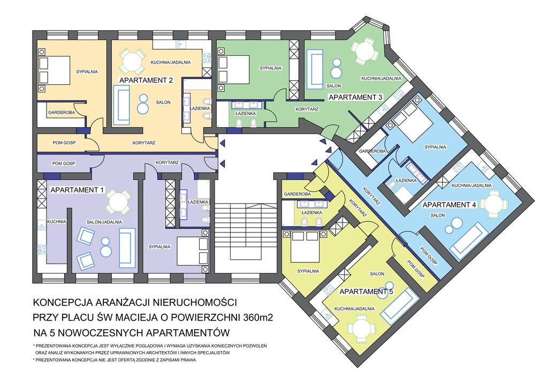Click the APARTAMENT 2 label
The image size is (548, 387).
(146, 80)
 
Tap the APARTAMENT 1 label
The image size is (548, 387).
(77, 190)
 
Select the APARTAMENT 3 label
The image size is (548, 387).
(355, 97)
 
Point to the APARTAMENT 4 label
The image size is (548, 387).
(450, 205)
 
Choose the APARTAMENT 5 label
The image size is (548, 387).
(367, 292)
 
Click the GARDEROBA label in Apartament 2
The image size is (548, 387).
(62, 113)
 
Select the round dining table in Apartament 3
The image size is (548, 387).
(364, 53)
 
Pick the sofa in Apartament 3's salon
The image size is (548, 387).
(315, 69)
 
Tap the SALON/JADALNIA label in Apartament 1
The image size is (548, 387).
(104, 222)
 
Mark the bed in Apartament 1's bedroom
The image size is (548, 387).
(193, 250)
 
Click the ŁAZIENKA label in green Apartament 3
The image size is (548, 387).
(245, 113)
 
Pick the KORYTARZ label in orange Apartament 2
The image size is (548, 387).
(143, 143)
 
